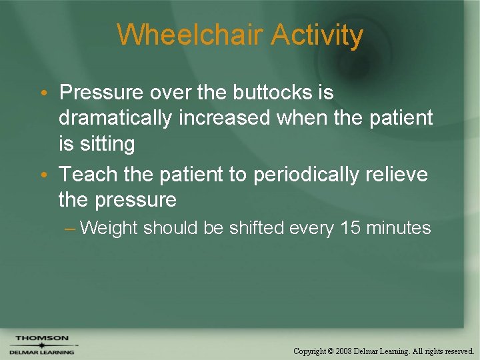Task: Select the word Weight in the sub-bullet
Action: (x=108, y=228)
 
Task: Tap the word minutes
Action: (x=399, y=228)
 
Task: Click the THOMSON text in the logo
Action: (x=42, y=338)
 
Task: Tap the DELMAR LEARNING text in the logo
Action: (x=42, y=351)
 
